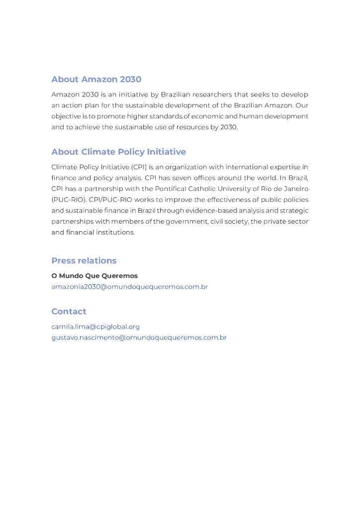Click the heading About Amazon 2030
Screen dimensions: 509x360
click(96, 80)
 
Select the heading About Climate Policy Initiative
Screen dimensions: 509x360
click(118, 152)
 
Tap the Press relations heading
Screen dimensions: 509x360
click(84, 261)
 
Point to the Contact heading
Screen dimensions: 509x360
click(69, 312)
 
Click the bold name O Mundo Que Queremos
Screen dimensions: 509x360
click(94, 276)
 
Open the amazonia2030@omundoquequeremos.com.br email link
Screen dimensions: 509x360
click(129, 287)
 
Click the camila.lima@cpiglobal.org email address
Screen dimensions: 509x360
click(95, 327)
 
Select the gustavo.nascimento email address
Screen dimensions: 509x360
click(139, 338)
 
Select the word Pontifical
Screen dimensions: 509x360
click(175, 189)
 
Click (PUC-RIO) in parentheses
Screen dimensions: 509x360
click(69, 200)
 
